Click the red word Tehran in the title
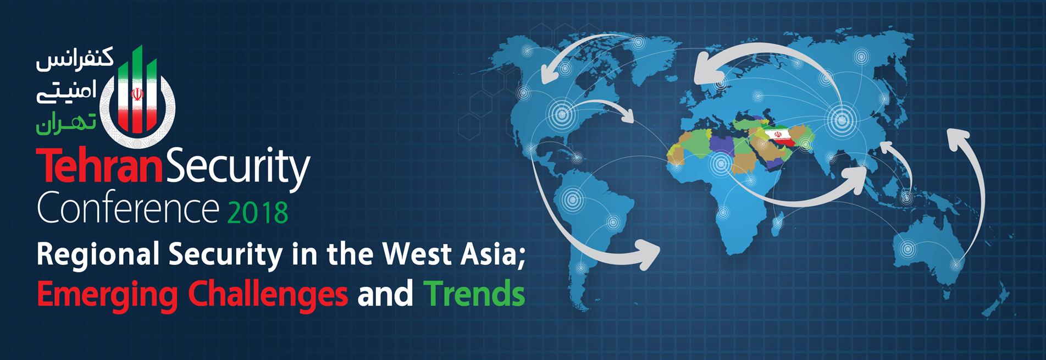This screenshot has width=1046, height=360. tap(97, 165)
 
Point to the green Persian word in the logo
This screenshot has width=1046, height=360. tap(66, 124)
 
